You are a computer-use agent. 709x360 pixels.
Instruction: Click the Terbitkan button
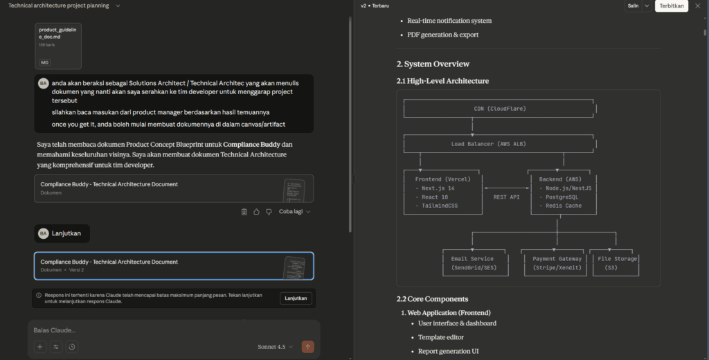[671, 6]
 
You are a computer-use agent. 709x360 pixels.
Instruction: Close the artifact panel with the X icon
[698, 6]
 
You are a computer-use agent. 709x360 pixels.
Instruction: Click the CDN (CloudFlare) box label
[500, 109]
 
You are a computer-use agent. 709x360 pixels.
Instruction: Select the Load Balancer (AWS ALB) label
[488, 144]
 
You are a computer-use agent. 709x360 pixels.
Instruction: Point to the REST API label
[506, 197]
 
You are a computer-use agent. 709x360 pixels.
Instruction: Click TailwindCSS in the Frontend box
[436, 206]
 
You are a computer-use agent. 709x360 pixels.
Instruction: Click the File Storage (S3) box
[614, 263]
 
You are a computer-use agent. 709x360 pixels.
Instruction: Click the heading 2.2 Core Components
[432, 299]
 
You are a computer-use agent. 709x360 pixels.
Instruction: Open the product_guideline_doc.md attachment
[58, 46]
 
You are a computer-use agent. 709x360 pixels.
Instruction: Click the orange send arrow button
[308, 347]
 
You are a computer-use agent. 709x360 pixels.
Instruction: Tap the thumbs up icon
[256, 212]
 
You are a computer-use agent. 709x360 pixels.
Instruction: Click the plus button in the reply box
[39, 347]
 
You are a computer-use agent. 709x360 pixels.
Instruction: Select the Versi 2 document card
[174, 266]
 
